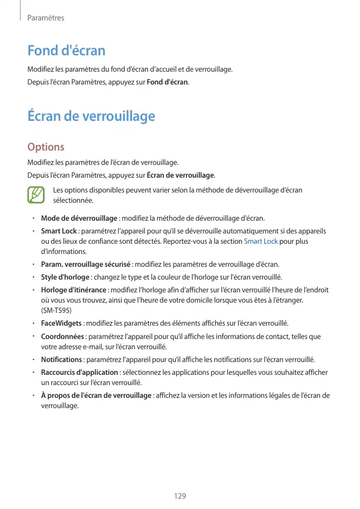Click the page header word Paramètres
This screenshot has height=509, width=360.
tap(46, 18)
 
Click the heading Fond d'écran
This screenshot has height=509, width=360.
tap(66, 51)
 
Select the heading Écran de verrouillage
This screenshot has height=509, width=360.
tap(91, 116)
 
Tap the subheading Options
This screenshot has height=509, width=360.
tap(46, 147)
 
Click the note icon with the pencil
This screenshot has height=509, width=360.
tap(36, 195)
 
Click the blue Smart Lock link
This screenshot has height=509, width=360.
tap(261, 241)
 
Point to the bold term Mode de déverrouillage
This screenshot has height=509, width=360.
tap(79, 219)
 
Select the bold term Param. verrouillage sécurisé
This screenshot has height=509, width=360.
tap(86, 264)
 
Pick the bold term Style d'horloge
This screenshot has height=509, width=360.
tap(66, 278)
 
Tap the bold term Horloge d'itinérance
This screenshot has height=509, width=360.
tap(73, 290)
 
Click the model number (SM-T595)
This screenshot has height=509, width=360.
tap(56, 311)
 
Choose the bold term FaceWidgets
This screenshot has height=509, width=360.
tap(61, 324)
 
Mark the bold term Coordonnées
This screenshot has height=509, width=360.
tap(62, 336)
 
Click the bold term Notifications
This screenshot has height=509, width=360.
tap(61, 359)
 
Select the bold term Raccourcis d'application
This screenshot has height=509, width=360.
tap(79, 372)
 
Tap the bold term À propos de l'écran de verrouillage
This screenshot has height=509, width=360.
tap(96, 395)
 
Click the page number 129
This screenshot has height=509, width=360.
tap(180, 496)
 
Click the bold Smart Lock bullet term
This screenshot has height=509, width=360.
tap(58, 231)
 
